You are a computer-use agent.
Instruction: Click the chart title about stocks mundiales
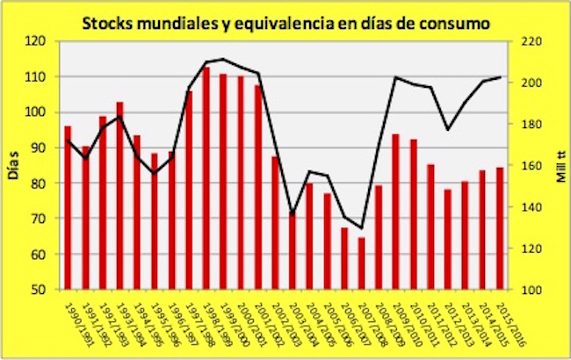pyautogui.click(x=286, y=19)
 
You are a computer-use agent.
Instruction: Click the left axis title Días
pyautogui.click(x=15, y=166)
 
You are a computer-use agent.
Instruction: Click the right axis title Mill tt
pyautogui.click(x=556, y=166)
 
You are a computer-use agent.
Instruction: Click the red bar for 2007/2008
pyautogui.click(x=360, y=263)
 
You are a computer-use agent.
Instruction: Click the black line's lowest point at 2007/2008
pyautogui.click(x=360, y=228)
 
